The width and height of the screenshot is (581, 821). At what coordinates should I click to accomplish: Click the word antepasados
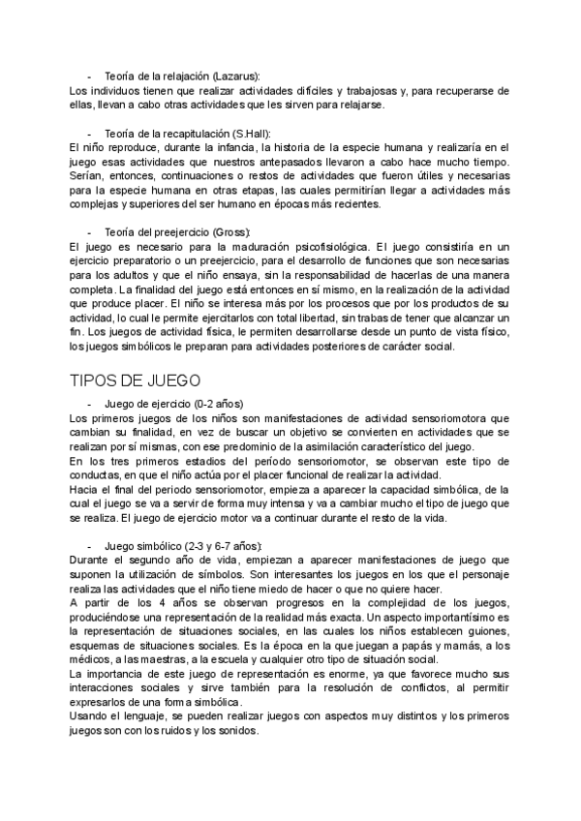[x=316, y=162]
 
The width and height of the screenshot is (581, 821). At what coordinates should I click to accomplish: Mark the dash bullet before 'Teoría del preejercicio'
[x=90, y=232]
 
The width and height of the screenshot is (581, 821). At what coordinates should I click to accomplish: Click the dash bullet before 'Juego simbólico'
[x=90, y=544]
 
